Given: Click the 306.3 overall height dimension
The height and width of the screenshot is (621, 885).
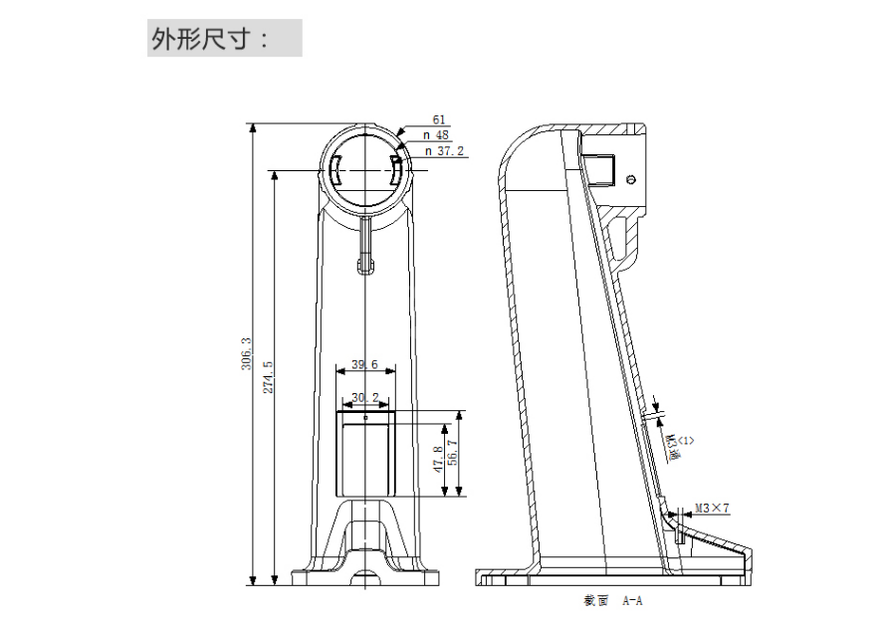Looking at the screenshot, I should point(245,353).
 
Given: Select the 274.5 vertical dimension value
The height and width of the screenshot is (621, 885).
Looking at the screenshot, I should point(268,375).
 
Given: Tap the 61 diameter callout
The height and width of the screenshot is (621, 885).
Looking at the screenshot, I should point(438,119).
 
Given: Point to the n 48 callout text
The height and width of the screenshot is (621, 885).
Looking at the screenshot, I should point(437,135).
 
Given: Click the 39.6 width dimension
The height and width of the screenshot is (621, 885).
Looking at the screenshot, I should point(364,365).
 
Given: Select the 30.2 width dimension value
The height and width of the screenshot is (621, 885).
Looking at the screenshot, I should point(364,398).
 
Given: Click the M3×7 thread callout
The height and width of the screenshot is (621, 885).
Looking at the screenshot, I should point(713,509).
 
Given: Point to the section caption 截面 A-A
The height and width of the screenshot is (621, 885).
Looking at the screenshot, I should point(612,602).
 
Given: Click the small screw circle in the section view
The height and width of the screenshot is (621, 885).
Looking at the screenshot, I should point(633,178).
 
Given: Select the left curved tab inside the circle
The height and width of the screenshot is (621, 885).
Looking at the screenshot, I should point(335,173).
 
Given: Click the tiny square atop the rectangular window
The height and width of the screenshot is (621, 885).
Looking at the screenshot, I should point(364,418).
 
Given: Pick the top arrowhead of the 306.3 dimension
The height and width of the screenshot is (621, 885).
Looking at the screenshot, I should point(253,128).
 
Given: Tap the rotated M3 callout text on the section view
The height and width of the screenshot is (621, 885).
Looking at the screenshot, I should point(677,444).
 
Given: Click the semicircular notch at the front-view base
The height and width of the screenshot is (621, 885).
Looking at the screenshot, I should point(364,575).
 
